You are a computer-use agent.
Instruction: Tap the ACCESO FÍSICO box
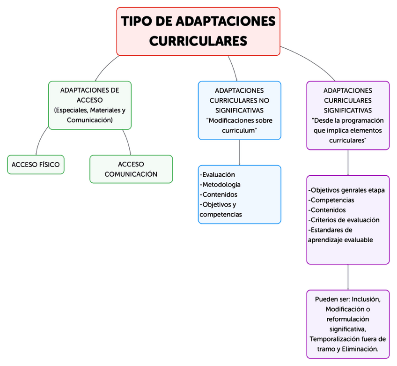pos(36,164)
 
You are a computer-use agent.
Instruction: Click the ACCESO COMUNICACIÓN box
pos(131,169)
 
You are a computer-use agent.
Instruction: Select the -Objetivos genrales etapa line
pos(346,190)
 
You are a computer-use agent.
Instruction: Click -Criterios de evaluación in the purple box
pos(344,220)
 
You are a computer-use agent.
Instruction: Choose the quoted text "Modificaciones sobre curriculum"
pos(239,125)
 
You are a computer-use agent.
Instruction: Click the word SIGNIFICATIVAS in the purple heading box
pos(348,111)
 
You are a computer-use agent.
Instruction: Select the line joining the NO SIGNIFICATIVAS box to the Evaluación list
pos(240,152)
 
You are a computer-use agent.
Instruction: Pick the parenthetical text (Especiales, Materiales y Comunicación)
pos(90,115)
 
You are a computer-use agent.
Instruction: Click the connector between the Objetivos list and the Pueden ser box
pos(348,277)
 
